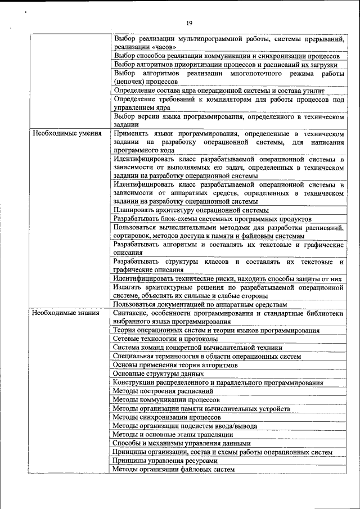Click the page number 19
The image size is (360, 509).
[x=189, y=23]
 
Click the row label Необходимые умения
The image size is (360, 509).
[x=67, y=134]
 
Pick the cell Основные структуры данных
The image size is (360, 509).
[x=158, y=373]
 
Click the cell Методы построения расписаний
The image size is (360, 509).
[x=163, y=391]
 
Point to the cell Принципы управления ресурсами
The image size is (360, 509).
[x=165, y=460]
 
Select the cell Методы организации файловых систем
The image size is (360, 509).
[x=173, y=469]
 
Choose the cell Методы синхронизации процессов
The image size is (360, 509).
[x=166, y=417]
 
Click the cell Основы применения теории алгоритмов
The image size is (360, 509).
[x=175, y=365]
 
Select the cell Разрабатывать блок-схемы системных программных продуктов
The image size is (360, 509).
[x=212, y=218]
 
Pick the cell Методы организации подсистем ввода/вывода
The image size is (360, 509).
[x=184, y=426]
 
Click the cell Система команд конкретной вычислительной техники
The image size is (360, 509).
[x=197, y=348]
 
